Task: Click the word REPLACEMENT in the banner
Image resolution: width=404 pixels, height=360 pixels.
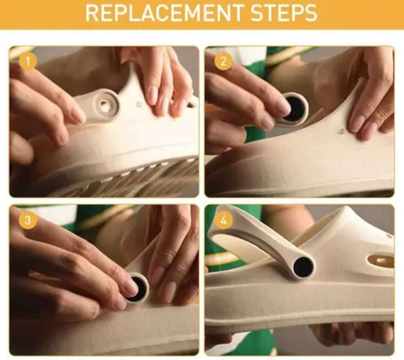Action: (164, 13)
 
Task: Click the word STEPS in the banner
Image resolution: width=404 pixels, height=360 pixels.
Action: (284, 13)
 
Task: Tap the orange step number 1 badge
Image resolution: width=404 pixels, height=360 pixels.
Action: (28, 61)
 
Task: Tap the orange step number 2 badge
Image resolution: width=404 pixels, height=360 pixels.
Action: (223, 61)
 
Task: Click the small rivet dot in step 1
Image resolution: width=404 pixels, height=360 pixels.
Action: (138, 104)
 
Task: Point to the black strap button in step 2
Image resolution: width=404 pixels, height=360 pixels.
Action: (295, 110)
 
